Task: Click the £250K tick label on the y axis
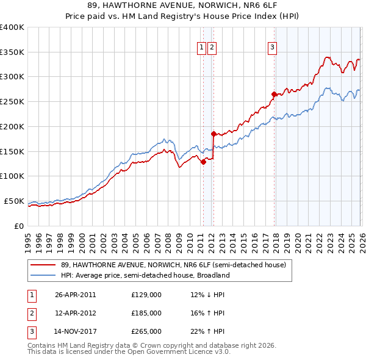click(x=12, y=102)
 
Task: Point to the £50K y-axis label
click(x=14, y=201)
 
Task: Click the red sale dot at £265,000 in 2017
click(x=274, y=94)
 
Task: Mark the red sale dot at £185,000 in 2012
click(x=213, y=134)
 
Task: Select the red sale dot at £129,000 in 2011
click(x=203, y=162)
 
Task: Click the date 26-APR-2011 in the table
click(x=76, y=295)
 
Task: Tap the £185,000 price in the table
click(x=146, y=313)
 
